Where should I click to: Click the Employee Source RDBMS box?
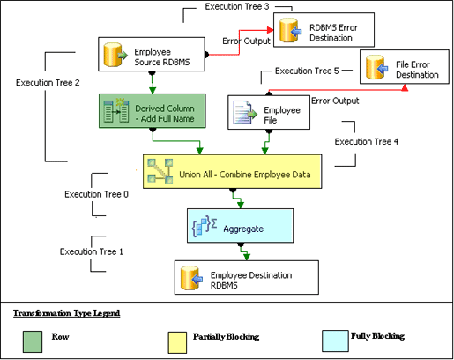click(152, 56)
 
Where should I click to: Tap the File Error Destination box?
click(400, 69)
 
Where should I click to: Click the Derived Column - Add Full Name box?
click(151, 112)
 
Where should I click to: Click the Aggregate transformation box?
click(238, 227)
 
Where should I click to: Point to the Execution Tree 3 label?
click(237, 7)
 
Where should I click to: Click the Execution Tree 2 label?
click(48, 82)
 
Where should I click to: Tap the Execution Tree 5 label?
click(307, 71)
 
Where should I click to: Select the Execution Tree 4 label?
click(366, 140)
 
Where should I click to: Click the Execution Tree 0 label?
click(96, 193)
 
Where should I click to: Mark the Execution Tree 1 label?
click(91, 251)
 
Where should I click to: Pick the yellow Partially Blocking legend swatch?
click(177, 338)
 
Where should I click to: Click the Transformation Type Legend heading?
click(66, 312)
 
